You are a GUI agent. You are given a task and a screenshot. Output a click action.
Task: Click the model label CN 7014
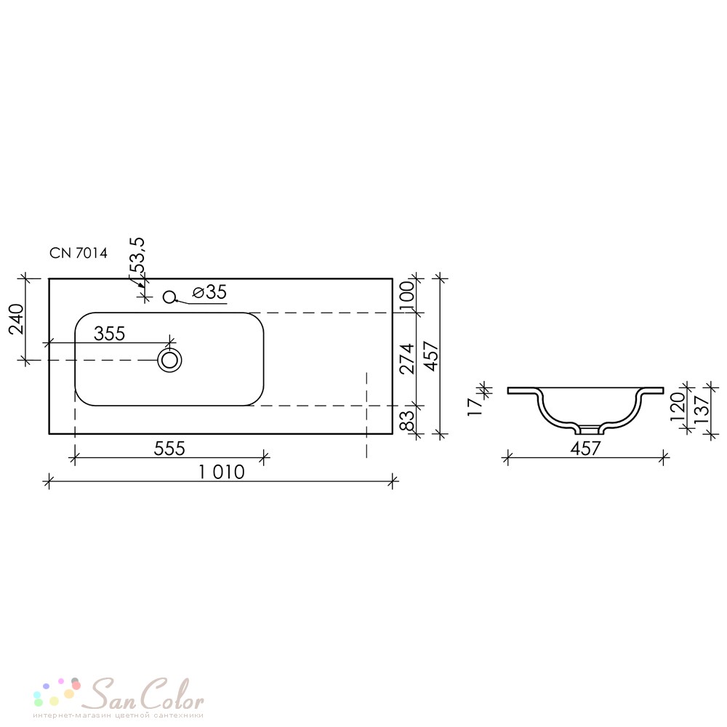(x=79, y=253)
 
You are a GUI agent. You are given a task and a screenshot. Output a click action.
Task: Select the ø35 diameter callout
(x=210, y=292)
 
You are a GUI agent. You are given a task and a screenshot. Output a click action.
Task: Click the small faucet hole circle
(x=169, y=297)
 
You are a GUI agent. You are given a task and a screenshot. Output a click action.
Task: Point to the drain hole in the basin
(x=169, y=360)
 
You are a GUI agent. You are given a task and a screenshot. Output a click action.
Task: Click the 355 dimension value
(x=110, y=334)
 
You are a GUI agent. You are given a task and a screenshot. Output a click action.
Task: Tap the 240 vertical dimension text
(x=16, y=319)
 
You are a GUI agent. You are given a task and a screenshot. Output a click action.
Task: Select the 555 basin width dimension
(x=169, y=449)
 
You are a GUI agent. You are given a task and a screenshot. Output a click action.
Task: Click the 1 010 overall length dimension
(x=221, y=472)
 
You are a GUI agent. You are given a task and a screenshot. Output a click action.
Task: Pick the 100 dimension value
(x=406, y=292)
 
